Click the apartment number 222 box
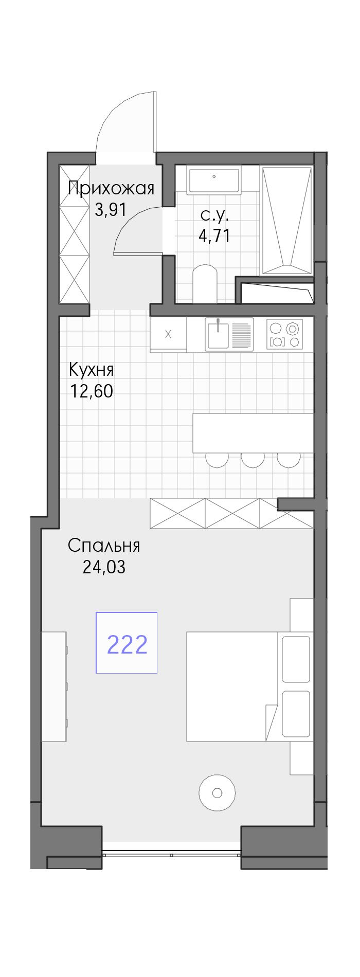click(127, 642)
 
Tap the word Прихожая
click(111, 188)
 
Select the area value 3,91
click(111, 210)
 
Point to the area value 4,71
click(214, 236)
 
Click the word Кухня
click(92, 370)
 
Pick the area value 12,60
click(92, 391)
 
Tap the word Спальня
click(104, 546)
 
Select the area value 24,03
click(104, 567)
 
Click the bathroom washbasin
click(214, 180)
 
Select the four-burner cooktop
click(284, 334)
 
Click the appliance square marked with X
click(168, 334)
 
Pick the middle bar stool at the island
click(253, 460)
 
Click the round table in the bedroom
click(217, 792)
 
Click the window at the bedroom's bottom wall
click(171, 854)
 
